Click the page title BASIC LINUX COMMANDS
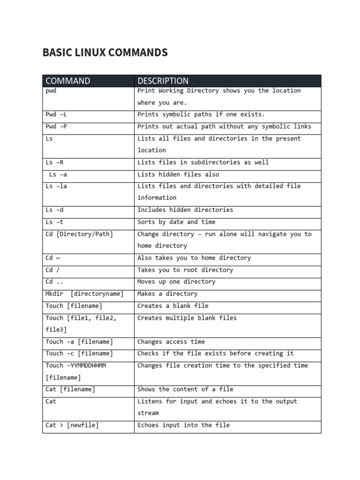(x=105, y=52)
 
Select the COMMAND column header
(x=68, y=81)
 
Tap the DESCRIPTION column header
(x=163, y=81)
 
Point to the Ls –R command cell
(x=54, y=162)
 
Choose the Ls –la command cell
(x=56, y=186)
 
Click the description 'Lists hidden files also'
(x=178, y=174)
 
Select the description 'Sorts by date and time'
(x=176, y=222)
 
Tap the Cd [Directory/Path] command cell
(x=80, y=234)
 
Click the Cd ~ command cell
(x=53, y=258)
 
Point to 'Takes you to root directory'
(x=185, y=270)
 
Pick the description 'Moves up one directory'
(x=176, y=282)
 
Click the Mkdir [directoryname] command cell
(x=85, y=294)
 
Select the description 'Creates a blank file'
(x=173, y=306)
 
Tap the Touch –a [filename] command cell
(x=80, y=342)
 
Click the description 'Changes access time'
(x=171, y=342)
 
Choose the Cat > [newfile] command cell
(x=72, y=425)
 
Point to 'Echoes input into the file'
(x=183, y=425)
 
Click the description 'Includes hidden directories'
(x=185, y=210)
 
